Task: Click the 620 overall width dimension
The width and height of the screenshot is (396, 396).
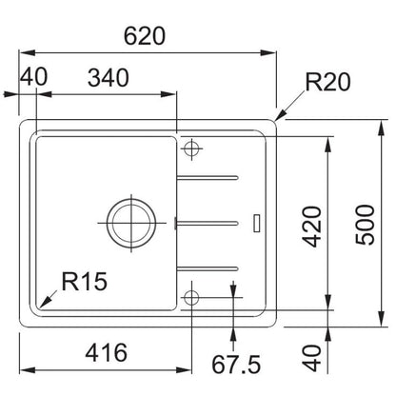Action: coord(145,36)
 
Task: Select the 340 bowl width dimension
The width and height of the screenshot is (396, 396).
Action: coord(109,78)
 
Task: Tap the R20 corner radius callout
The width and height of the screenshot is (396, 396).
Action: coord(327,82)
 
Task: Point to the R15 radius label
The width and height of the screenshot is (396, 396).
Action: coord(85,281)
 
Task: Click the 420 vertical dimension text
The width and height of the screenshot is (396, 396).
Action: coord(311,227)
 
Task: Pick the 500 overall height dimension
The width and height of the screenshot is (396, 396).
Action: coord(365,225)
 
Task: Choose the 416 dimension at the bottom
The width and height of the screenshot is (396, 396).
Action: coord(107,352)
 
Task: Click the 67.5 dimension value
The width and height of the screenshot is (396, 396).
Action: coord(236,365)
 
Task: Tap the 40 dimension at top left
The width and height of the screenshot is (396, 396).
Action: coord(33,76)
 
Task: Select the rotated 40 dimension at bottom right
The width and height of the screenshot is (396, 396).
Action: coord(311,358)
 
